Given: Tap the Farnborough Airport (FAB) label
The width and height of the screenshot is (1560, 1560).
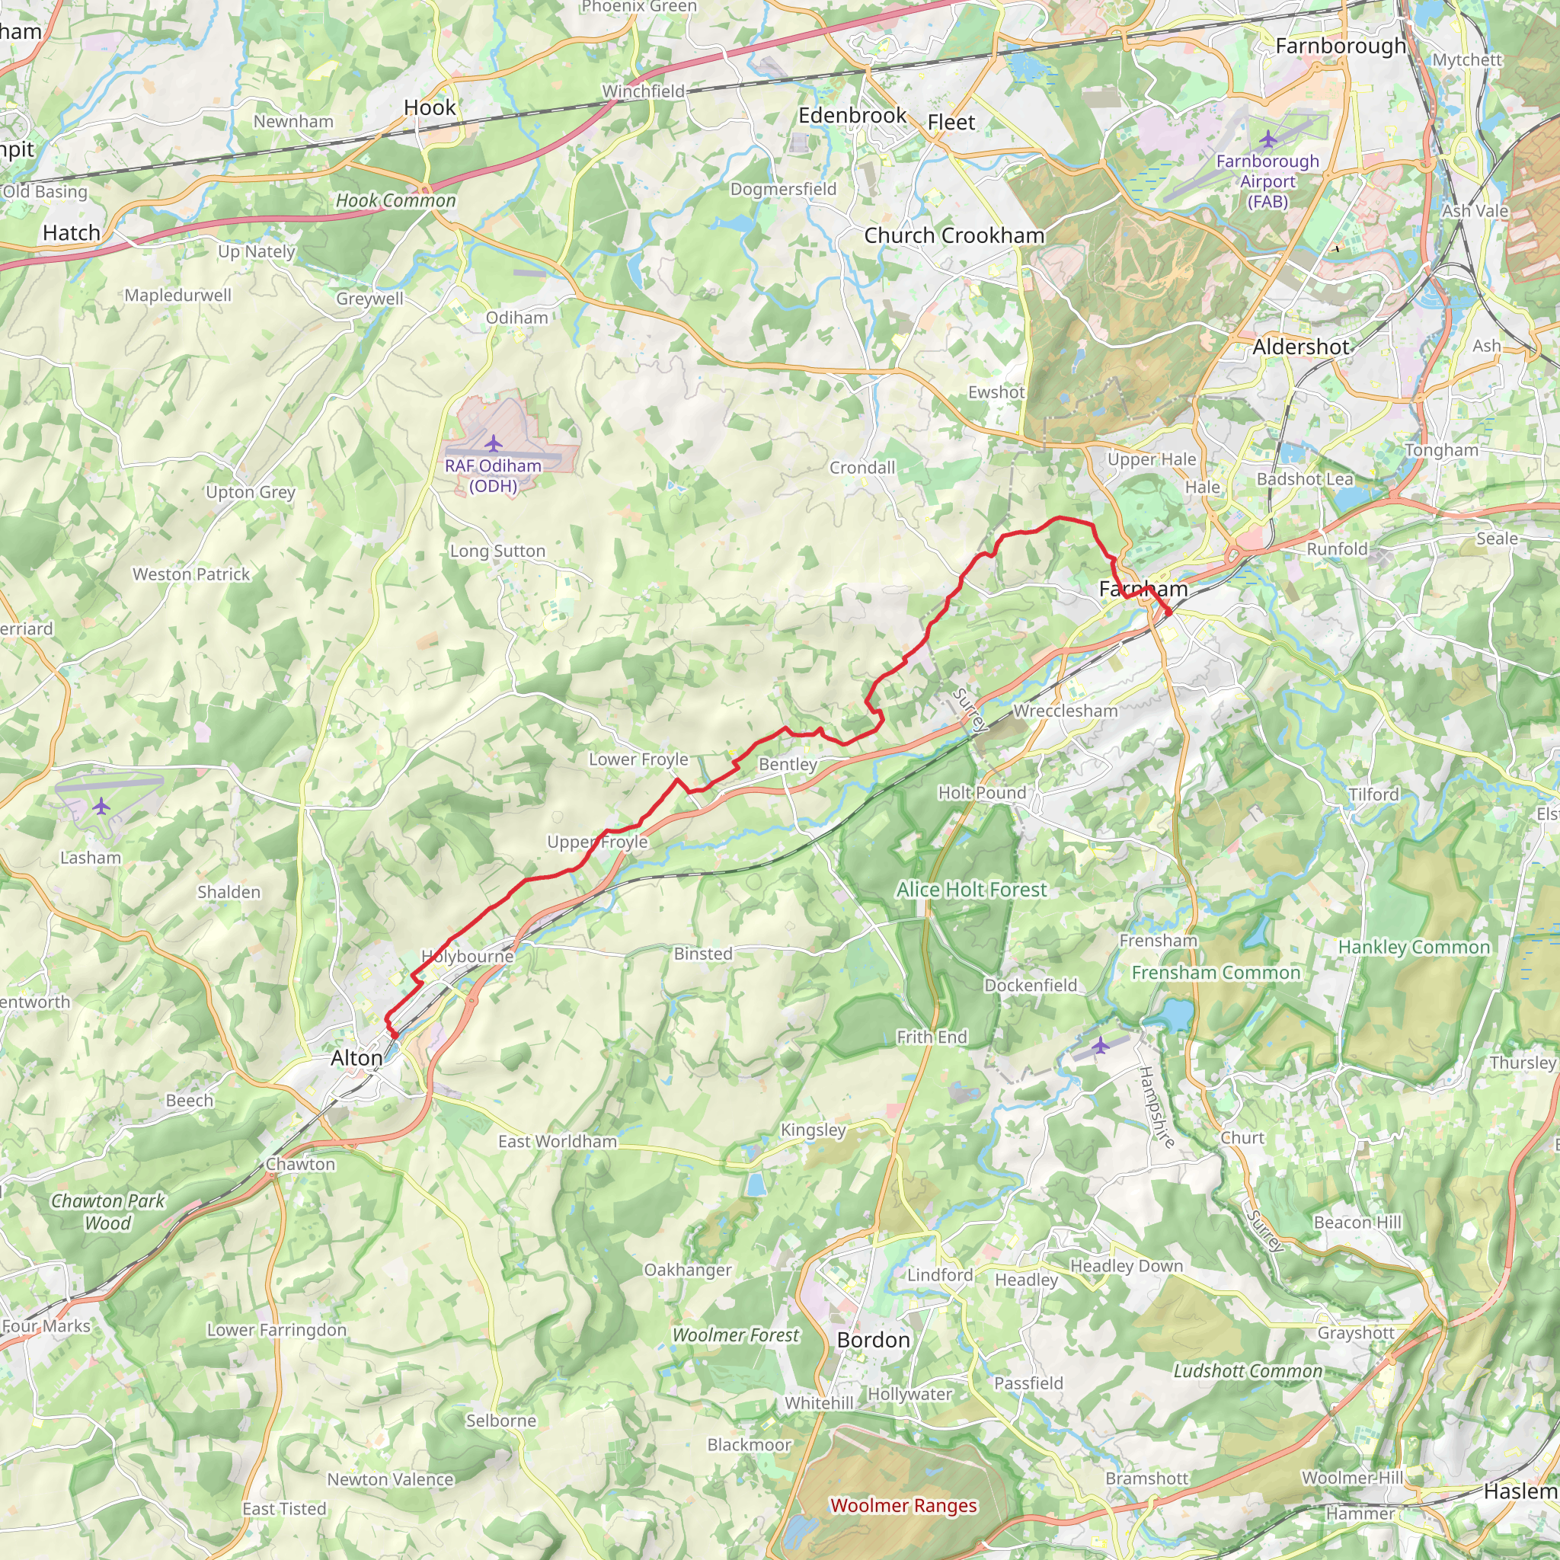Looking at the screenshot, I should [1267, 181].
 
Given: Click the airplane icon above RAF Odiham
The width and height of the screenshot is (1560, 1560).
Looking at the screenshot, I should [494, 443].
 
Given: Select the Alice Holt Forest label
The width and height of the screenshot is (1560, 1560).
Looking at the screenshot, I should [971, 890].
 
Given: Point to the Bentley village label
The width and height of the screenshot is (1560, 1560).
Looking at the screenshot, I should [788, 764].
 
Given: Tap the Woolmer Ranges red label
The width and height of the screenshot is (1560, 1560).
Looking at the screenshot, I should [903, 1505].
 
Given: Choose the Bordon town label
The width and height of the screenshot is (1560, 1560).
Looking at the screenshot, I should [873, 1341].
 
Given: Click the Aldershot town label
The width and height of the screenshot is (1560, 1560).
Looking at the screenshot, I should [1301, 347].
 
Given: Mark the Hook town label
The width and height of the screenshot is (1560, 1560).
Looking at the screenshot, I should [430, 107].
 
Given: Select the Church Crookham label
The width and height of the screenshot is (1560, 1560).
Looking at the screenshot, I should [954, 236].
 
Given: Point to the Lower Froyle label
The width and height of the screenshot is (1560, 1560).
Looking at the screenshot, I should [638, 759].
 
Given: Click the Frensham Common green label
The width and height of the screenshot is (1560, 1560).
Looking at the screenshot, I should [1216, 973].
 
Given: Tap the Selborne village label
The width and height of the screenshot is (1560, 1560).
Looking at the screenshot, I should [500, 1421].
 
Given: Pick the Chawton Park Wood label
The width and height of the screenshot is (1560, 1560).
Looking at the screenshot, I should [107, 1211].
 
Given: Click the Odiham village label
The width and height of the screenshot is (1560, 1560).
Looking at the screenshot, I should [516, 318].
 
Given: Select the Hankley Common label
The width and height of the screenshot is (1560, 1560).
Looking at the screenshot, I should [1414, 947].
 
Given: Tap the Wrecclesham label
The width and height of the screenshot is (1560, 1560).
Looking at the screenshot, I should [1065, 711].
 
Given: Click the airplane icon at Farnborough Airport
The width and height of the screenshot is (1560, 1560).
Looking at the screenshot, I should [1267, 139].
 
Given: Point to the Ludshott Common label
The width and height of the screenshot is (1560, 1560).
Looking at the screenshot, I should [1248, 1371].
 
